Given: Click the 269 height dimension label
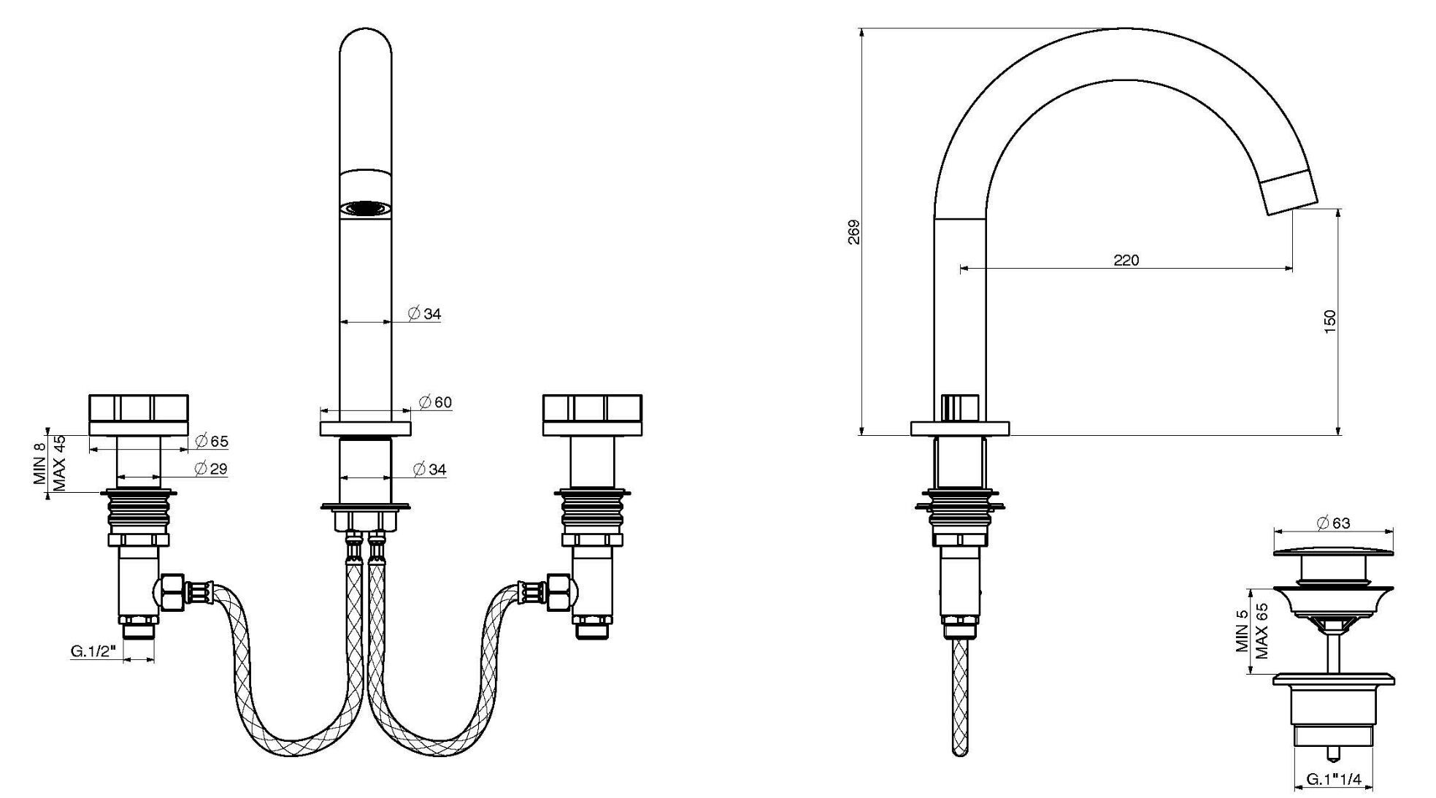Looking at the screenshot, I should pos(854,231).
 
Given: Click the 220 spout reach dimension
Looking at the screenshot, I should pos(1126,260).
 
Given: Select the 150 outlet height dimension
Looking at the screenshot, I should pos(1329,322).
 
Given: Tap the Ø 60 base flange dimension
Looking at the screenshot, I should pos(436,402).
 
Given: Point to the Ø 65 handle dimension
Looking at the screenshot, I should pos(212,441).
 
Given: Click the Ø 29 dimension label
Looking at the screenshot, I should pos(212,469).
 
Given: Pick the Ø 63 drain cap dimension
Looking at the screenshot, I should pos(1333,523).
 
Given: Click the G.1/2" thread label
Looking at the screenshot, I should pos(94,651).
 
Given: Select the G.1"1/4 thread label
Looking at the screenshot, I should pos(1333,780).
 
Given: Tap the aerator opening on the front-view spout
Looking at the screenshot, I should pos(365,209).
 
